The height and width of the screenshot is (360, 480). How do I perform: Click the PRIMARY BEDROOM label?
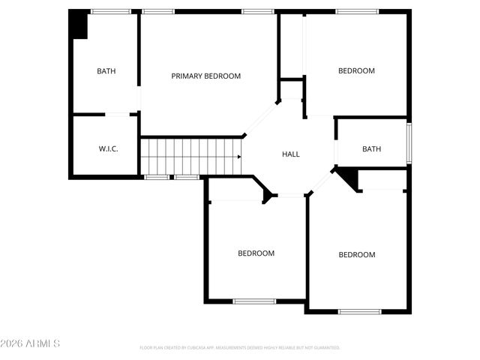tap(205, 76)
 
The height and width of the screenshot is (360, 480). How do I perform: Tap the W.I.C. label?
tap(108, 148)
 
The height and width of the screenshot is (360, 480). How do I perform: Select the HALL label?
tap(290, 154)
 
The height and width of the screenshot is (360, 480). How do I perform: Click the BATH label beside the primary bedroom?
tap(106, 71)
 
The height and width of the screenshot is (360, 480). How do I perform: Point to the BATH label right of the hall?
tap(371, 148)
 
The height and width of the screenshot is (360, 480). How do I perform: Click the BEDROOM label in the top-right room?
tap(356, 70)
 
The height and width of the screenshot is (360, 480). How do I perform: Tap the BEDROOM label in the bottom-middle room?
tap(256, 253)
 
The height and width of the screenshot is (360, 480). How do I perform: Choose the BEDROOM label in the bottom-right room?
tap(356, 254)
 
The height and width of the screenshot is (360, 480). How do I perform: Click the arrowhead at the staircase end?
tap(239, 157)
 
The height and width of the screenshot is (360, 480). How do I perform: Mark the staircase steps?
tap(190, 156)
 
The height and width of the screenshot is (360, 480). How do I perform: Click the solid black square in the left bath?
tap(79, 25)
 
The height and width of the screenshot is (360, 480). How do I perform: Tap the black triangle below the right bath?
tap(348, 177)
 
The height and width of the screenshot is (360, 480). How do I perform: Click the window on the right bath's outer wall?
tap(409, 142)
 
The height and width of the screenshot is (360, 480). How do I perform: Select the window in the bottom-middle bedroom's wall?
tap(253, 301)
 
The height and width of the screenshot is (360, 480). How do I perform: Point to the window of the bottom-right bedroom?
tap(360, 311)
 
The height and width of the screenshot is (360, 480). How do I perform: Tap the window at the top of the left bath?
tap(110, 11)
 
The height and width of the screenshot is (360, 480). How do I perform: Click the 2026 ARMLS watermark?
tap(31, 343)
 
